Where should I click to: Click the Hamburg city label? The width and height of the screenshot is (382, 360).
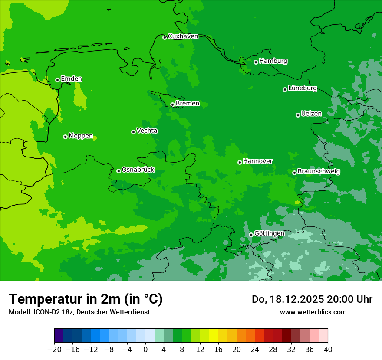pyautogui.click(x=273, y=61)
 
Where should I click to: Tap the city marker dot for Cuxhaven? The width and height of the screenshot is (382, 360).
pyautogui.click(x=165, y=37)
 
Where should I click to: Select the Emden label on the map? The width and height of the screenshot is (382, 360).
pyautogui.click(x=71, y=79)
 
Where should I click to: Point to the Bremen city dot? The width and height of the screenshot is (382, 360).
pyautogui.click(x=172, y=105)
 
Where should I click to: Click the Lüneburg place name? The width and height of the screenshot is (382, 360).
pyautogui.click(x=302, y=88)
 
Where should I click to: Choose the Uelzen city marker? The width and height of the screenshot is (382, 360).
pyautogui.click(x=298, y=115)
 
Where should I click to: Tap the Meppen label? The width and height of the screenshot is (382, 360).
pyautogui.click(x=81, y=136)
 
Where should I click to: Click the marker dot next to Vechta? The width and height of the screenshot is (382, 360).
pyautogui.click(x=133, y=132)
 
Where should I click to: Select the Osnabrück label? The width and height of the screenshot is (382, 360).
pyautogui.click(x=138, y=170)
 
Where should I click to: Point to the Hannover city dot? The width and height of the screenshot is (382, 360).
pyautogui.click(x=240, y=162)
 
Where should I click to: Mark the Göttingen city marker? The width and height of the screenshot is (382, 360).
pyautogui.click(x=251, y=235)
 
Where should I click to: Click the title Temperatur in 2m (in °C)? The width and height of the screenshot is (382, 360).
pyautogui.click(x=86, y=299)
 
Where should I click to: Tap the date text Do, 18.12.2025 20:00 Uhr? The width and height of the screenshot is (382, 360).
pyautogui.click(x=312, y=299)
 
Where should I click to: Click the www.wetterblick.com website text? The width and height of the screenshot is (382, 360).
pyautogui.click(x=313, y=312)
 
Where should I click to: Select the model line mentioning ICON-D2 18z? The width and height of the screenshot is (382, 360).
pyautogui.click(x=79, y=312)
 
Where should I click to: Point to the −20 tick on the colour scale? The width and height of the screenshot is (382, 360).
pyautogui.click(x=54, y=349)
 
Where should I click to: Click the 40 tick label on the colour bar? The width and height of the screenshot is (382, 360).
pyautogui.click(x=328, y=349)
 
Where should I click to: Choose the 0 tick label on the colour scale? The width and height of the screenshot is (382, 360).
pyautogui.click(x=145, y=349)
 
